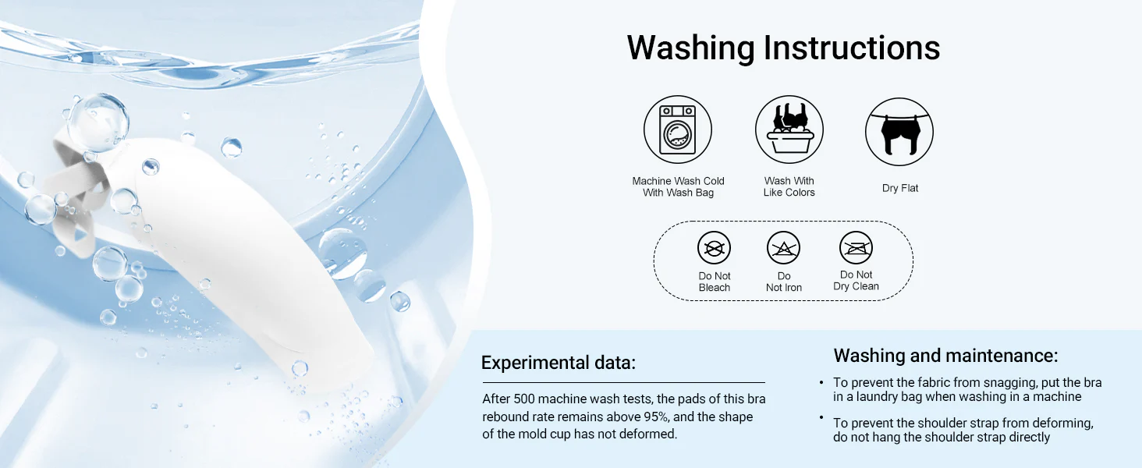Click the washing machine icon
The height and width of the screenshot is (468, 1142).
pos(678,129)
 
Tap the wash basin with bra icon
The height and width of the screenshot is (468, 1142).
pos(789,129)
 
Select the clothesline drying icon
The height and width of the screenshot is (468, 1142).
pos(899,132)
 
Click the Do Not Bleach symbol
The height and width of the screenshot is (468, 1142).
pos(715,248)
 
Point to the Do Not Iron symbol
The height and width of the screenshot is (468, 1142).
pos(784,248)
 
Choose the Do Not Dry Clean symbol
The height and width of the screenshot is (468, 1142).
pos(856,248)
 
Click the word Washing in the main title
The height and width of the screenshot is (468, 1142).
pos(691,48)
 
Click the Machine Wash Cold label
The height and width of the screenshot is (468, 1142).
pos(678,181)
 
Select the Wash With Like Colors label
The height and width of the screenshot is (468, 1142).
pos(789,186)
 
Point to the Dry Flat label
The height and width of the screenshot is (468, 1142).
pos(900,188)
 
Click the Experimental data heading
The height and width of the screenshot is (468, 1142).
pos(559,363)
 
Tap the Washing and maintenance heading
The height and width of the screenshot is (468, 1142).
pos(945,356)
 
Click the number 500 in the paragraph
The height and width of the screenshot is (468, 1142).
pos(524,399)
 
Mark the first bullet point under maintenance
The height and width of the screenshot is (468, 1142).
pos(821,382)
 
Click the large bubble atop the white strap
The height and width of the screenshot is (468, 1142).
pos(98,122)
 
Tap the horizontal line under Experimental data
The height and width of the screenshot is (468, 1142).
pos(623,382)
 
